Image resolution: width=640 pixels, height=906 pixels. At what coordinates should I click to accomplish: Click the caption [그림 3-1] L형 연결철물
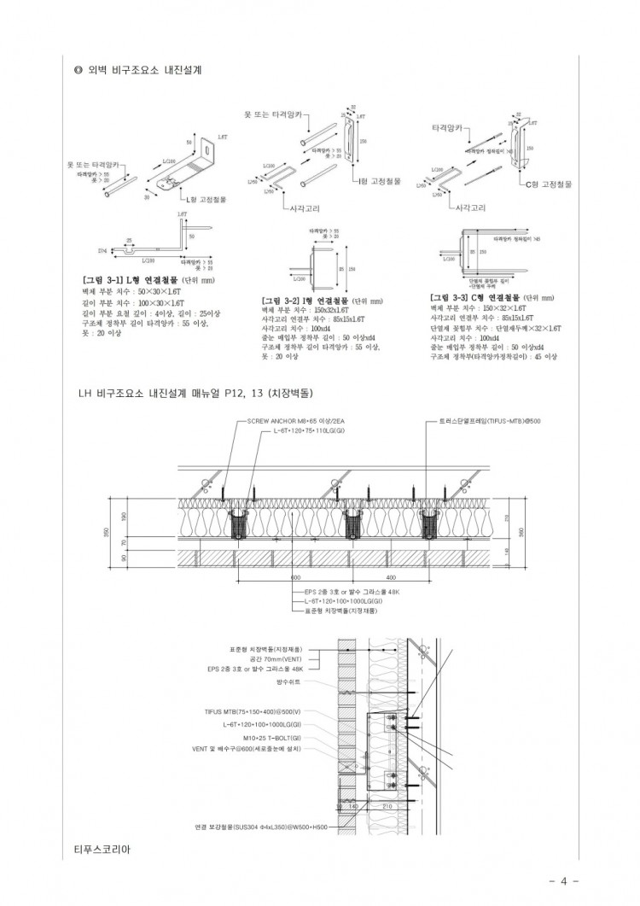[x=128, y=279]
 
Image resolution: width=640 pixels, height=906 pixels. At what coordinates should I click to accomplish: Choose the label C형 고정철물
[x=548, y=183]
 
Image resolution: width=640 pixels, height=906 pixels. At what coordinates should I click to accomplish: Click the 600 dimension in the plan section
[x=295, y=577]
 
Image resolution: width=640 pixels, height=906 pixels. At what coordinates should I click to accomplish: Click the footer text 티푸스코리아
[x=103, y=850]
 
